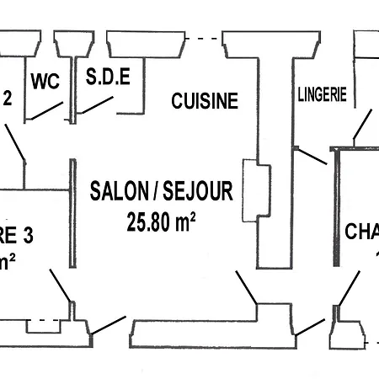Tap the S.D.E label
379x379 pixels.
[x=108, y=78]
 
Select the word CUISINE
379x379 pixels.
[x=205, y=101]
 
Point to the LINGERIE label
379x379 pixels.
[x=322, y=95]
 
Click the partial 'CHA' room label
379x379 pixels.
[x=361, y=231]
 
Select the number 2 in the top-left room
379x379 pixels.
[x=8, y=98]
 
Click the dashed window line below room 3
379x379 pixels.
[x=44, y=321]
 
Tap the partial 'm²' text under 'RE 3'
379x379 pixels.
[x=7, y=262]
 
